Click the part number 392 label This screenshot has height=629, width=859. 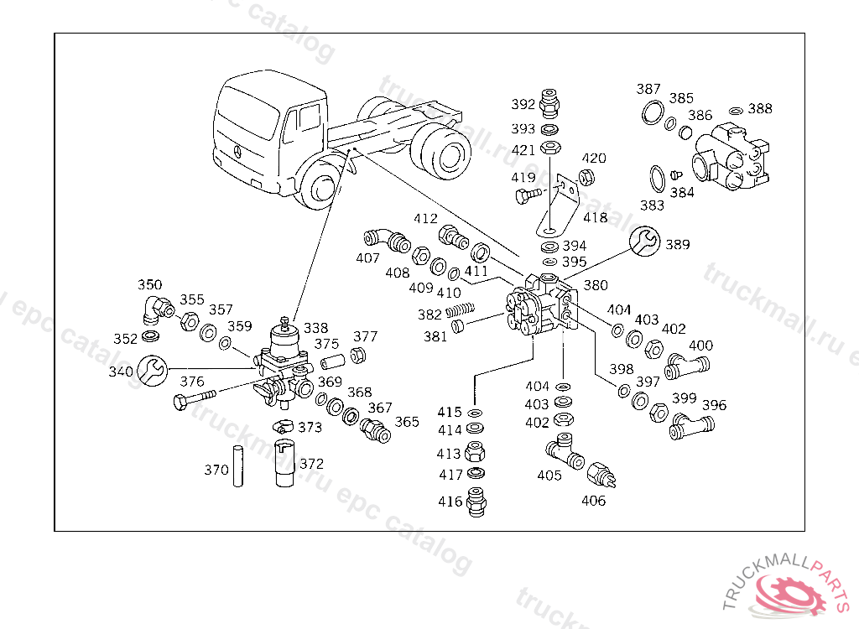pyautogui.click(x=523, y=104)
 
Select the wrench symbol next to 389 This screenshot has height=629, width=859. pyautogui.click(x=643, y=242)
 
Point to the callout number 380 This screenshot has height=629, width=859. pyautogui.click(x=596, y=285)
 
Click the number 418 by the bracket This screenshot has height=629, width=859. pyautogui.click(x=595, y=217)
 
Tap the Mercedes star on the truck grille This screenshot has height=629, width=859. pyautogui.click(x=237, y=152)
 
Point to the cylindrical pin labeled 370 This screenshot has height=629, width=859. pyautogui.click(x=238, y=469)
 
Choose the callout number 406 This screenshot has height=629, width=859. pyautogui.click(x=593, y=501)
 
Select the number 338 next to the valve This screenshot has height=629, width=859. pyautogui.click(x=316, y=328)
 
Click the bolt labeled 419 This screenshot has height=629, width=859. pyautogui.click(x=528, y=196)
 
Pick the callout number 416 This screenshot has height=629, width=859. pyautogui.click(x=450, y=502)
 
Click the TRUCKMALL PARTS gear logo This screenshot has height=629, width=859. pyautogui.click(x=791, y=593)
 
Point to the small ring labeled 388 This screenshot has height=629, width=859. pyautogui.click(x=736, y=110)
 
